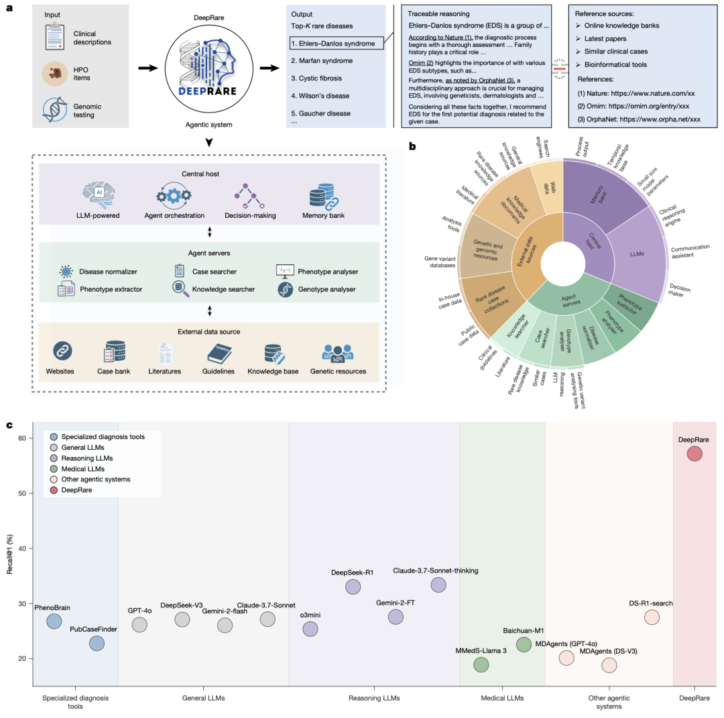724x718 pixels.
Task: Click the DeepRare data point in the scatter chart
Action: [695, 454]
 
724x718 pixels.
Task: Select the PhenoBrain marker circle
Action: [54, 621]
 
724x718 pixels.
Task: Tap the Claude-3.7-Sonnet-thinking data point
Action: [438, 585]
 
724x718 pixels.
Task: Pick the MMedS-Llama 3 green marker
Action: [481, 664]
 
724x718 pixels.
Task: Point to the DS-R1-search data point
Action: [652, 617]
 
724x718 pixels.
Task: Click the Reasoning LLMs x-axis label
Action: [374, 698]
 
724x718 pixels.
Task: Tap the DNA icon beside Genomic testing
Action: [55, 109]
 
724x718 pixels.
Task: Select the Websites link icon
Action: [62, 351]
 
